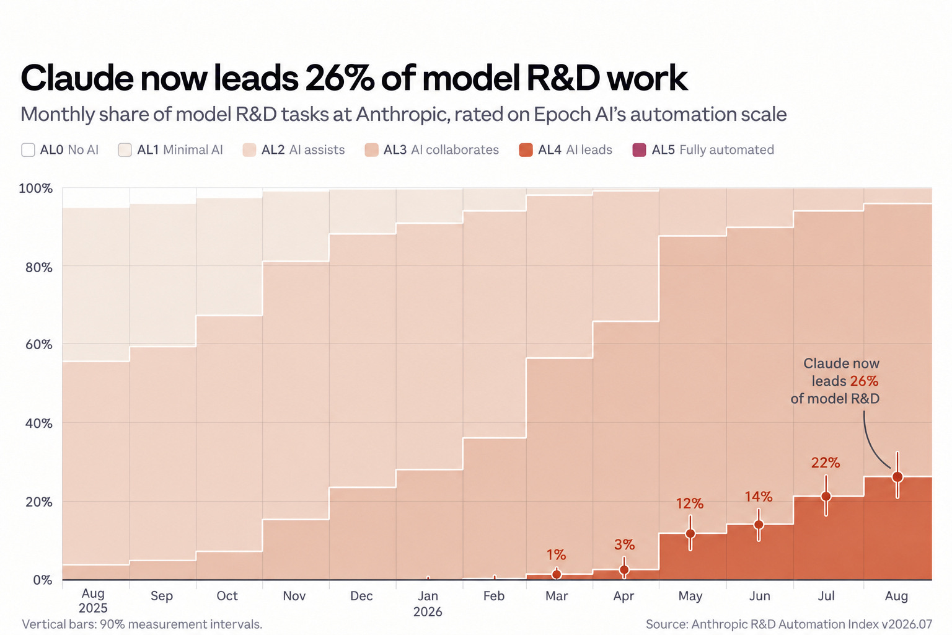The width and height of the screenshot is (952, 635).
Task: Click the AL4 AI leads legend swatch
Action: (526, 149)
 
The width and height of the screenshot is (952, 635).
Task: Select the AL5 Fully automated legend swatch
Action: (639, 149)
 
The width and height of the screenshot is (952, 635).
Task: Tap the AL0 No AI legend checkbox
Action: (28, 149)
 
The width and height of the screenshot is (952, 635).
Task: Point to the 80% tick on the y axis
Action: (39, 267)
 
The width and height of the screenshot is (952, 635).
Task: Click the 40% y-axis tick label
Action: (39, 424)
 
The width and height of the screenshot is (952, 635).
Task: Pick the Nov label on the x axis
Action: (294, 596)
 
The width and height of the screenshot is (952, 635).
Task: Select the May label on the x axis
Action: (690, 597)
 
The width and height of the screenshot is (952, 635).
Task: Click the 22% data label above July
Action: (826, 463)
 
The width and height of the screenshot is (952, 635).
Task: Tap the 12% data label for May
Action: (690, 504)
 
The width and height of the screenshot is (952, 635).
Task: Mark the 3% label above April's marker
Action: (624, 545)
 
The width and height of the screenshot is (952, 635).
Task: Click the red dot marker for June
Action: (759, 525)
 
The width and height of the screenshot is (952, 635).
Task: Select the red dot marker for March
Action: (557, 575)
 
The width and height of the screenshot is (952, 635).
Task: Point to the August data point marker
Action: (897, 477)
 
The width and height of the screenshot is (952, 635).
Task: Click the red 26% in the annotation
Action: (864, 381)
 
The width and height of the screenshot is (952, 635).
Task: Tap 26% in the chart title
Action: (340, 78)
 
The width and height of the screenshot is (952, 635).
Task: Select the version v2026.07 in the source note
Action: (907, 624)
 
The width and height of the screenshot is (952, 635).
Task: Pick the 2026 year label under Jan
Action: (428, 612)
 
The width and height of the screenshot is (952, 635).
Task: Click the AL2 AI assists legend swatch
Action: (249, 149)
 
